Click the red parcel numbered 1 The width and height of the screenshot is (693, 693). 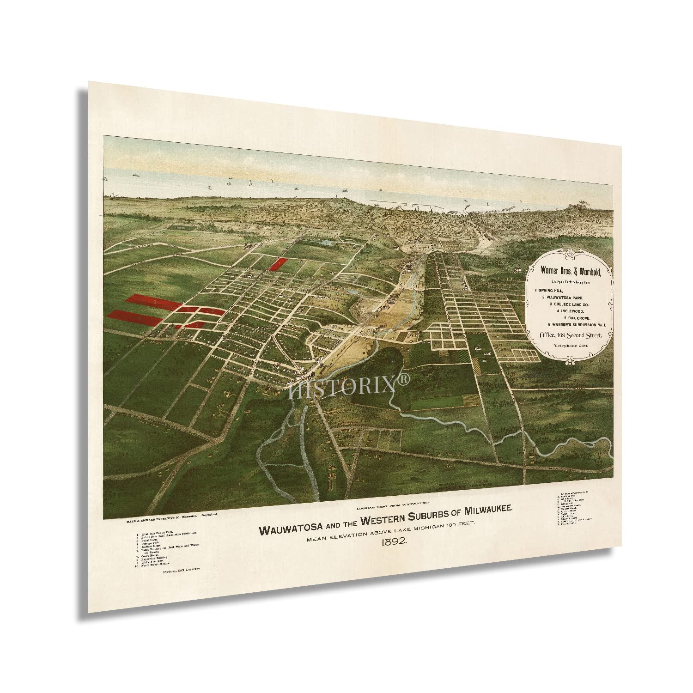click(278, 265)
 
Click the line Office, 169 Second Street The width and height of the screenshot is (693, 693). click(572, 336)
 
